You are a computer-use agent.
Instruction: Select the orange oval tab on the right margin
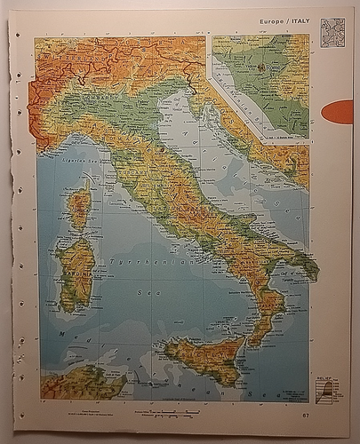point(338,112)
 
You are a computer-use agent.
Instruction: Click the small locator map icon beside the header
point(332,28)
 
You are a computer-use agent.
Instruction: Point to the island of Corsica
point(79,206)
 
